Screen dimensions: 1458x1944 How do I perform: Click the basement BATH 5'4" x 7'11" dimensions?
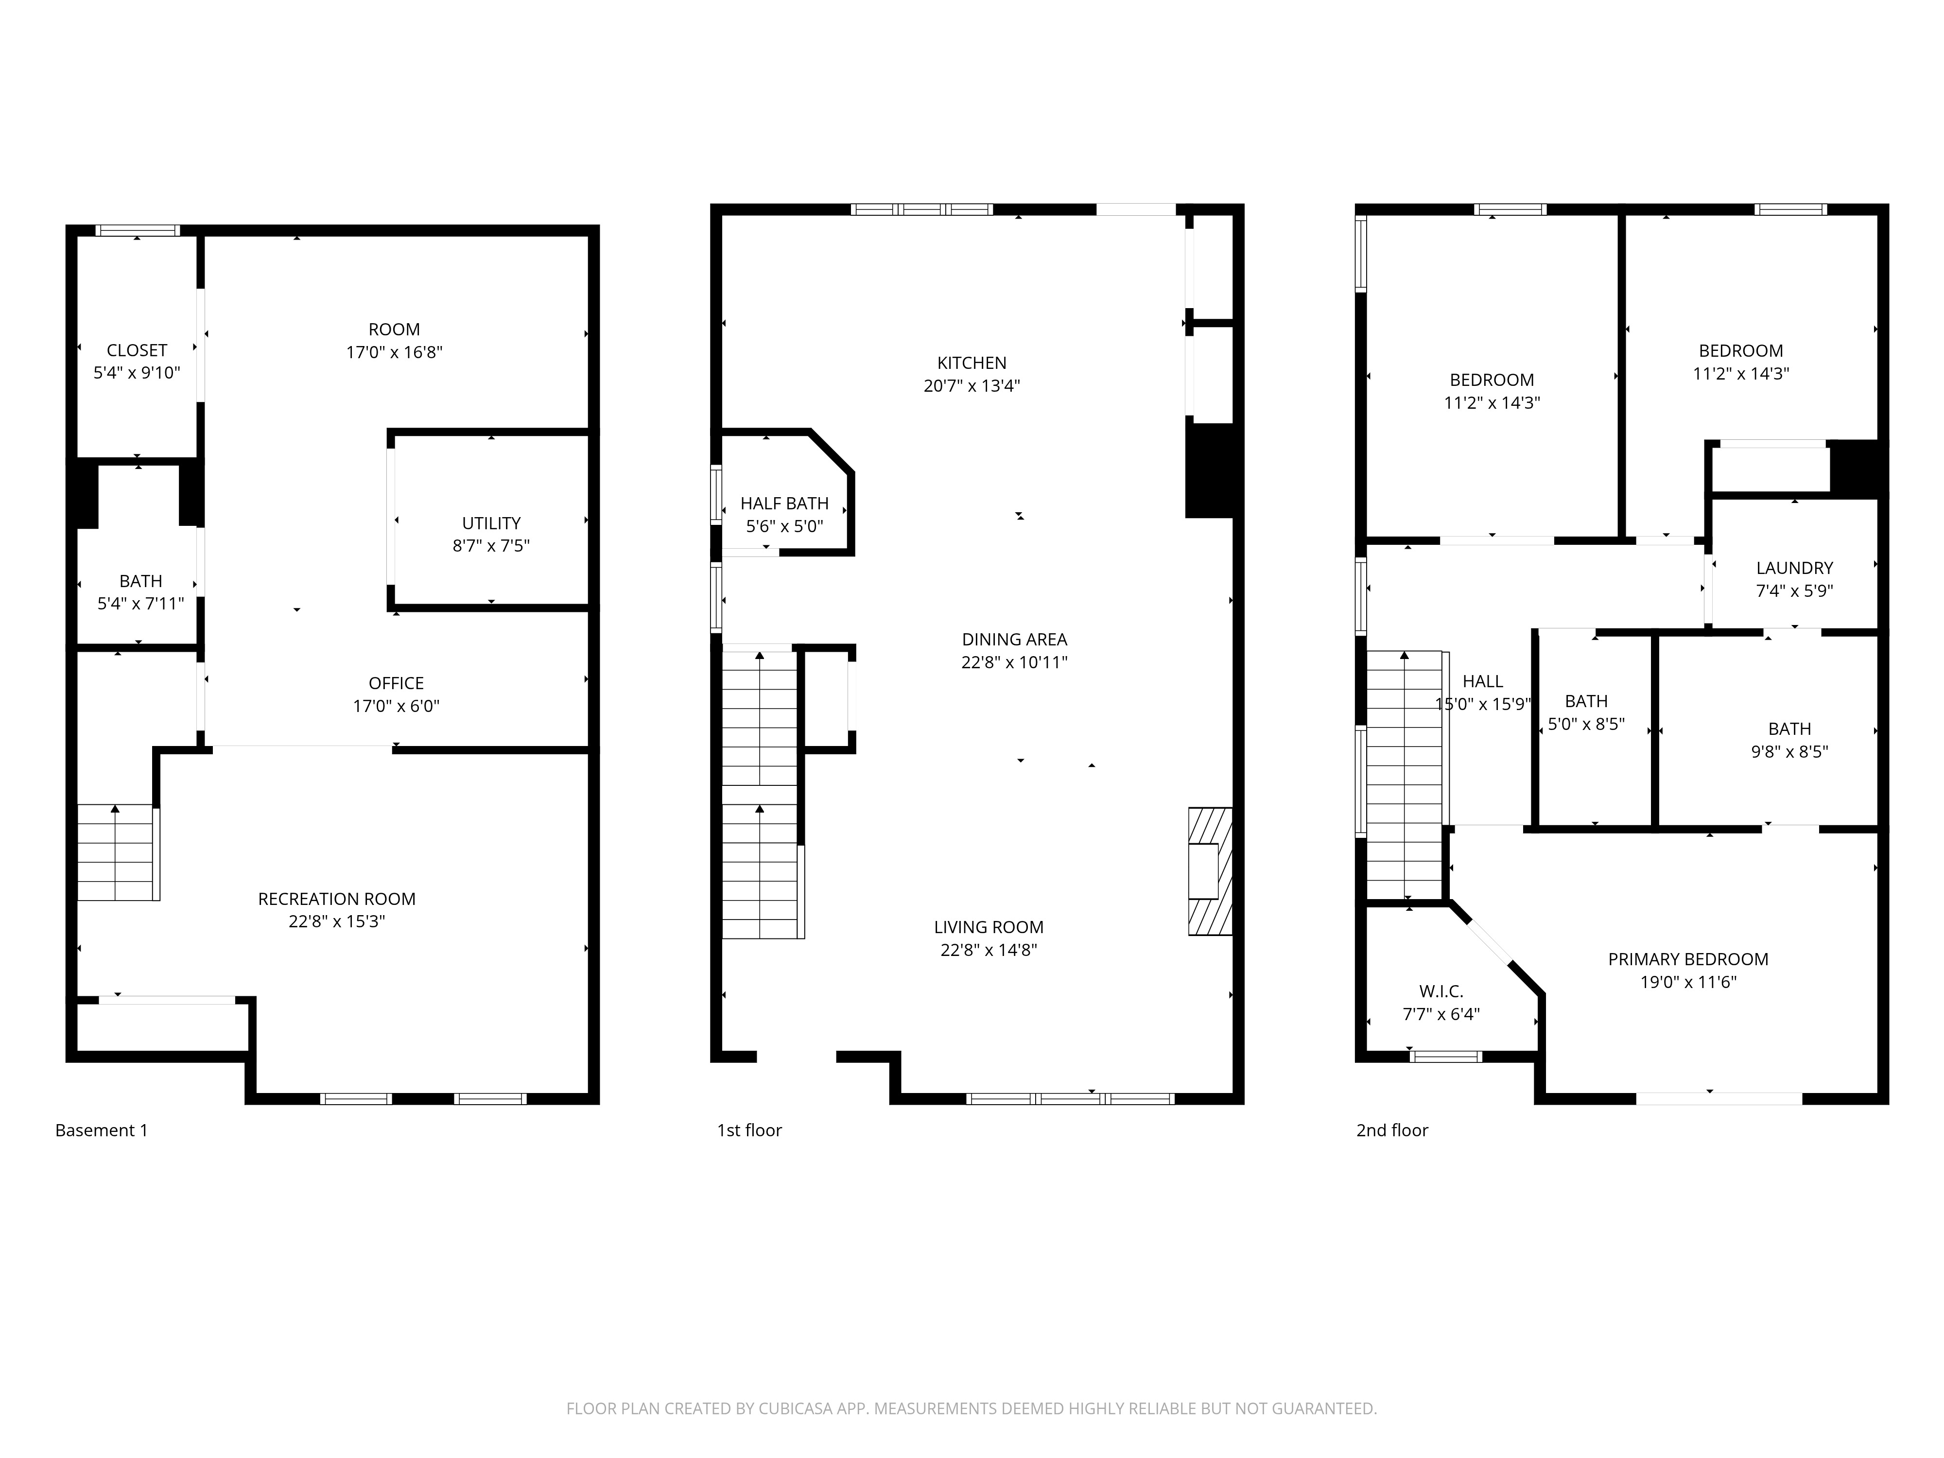pyautogui.click(x=140, y=604)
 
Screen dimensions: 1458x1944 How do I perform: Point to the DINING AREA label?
pyautogui.click(x=1014, y=640)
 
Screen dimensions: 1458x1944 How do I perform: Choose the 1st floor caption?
pyautogui.click(x=749, y=1130)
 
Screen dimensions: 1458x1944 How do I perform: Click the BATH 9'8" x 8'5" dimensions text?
pyautogui.click(x=1789, y=751)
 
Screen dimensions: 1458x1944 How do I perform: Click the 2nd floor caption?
pyautogui.click(x=1391, y=1130)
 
